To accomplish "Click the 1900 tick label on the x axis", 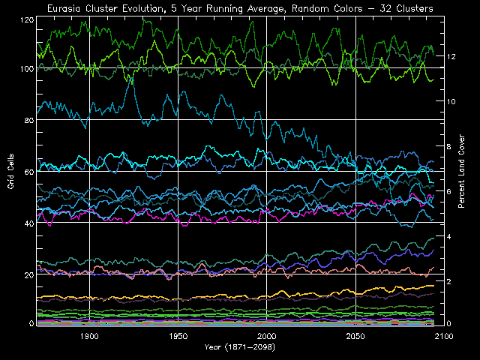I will click(x=89, y=337).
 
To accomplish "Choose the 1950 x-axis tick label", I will click(x=178, y=337).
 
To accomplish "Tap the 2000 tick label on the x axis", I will click(x=268, y=337).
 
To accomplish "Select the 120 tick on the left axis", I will click(x=27, y=17).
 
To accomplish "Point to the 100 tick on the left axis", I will click(x=27, y=69).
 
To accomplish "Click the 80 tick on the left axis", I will click(x=28, y=120).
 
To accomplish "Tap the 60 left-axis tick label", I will click(x=28, y=172).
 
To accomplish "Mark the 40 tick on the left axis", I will click(x=28, y=223).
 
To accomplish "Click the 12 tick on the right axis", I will click(x=451, y=56).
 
